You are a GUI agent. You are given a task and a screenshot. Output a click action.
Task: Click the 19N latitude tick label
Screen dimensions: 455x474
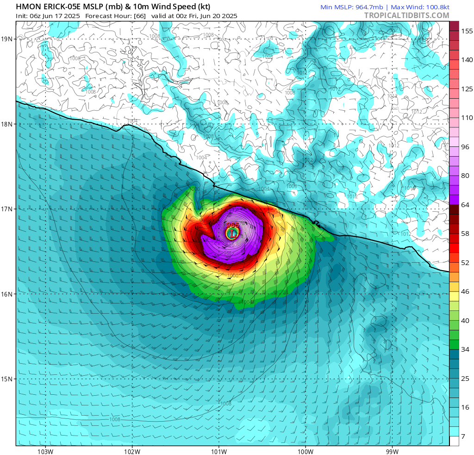pyautogui.click(x=7, y=39)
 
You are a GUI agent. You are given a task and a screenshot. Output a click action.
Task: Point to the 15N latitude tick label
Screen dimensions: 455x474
pyautogui.click(x=7, y=379)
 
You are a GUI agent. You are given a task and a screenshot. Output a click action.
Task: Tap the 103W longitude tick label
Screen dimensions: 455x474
pyautogui.click(x=45, y=451)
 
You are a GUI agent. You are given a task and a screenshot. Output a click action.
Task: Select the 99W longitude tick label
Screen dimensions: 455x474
pyautogui.click(x=392, y=451)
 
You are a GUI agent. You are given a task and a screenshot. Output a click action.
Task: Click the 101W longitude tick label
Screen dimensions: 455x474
pyautogui.click(x=218, y=451)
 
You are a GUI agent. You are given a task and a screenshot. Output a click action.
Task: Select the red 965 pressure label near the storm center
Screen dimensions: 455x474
pyautogui.click(x=232, y=225)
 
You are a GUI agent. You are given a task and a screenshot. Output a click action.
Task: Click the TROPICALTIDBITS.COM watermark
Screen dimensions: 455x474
pyautogui.click(x=406, y=15)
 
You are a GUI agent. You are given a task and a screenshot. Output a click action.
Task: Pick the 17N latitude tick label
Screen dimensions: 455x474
pyautogui.click(x=7, y=209)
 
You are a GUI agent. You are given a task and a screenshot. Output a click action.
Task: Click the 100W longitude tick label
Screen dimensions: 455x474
pyautogui.click(x=305, y=451)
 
